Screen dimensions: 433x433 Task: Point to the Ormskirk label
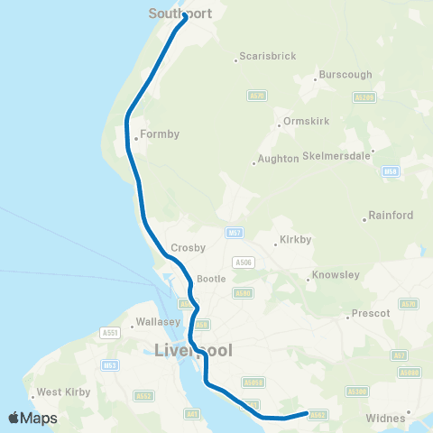pyautogui.click(x=308, y=120)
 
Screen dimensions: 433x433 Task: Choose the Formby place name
pyautogui.click(x=160, y=134)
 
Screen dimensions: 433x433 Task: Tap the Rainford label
pyautogui.click(x=392, y=216)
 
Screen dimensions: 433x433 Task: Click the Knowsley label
pyautogui.click(x=336, y=274)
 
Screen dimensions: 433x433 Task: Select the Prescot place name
pyautogui.click(x=373, y=313)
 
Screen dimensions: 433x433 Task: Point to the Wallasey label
pyautogui.click(x=161, y=321)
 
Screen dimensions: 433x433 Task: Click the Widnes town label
pyautogui.click(x=386, y=418)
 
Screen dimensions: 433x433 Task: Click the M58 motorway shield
pyautogui.click(x=390, y=170)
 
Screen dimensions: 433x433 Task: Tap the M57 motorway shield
pyautogui.click(x=235, y=232)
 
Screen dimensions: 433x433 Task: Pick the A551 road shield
pyautogui.click(x=110, y=333)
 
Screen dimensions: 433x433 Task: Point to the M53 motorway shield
pyautogui.click(x=110, y=364)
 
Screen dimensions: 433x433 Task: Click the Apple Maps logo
pyautogui.click(x=32, y=418)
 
